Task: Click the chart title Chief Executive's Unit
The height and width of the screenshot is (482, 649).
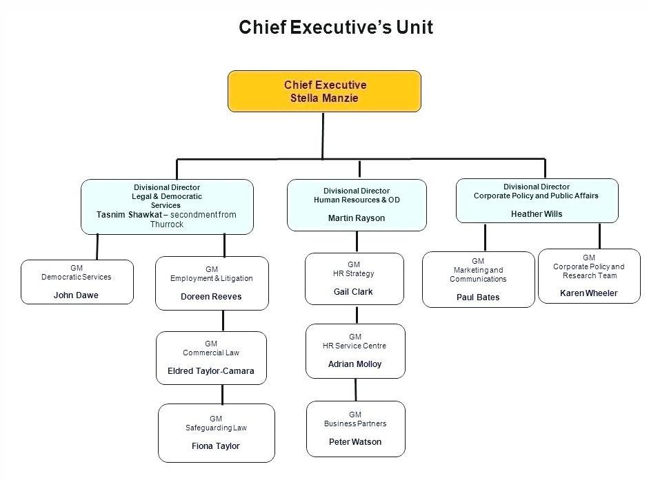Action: (x=336, y=28)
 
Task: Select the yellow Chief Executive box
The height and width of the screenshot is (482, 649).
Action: (x=324, y=92)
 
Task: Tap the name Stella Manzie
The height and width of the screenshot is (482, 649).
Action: (x=324, y=98)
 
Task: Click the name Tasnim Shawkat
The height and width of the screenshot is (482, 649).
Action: (x=129, y=215)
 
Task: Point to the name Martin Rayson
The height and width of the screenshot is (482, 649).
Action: (x=357, y=218)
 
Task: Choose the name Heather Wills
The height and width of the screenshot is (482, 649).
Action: (x=537, y=213)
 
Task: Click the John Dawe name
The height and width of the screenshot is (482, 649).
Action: (x=76, y=295)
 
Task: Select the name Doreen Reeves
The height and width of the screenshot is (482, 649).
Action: (x=211, y=296)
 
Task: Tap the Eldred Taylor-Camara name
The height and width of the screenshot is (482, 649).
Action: (x=210, y=371)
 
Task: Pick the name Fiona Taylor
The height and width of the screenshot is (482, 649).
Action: (x=216, y=446)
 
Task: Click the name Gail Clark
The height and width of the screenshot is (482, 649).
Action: (x=353, y=292)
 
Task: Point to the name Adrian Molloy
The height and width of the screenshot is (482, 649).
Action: (x=355, y=364)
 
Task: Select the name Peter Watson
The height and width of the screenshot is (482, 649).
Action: (x=355, y=442)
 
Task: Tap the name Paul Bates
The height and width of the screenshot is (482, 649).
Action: (x=478, y=297)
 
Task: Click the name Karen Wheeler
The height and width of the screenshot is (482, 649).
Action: (x=588, y=293)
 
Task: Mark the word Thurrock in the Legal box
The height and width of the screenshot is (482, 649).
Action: (x=167, y=224)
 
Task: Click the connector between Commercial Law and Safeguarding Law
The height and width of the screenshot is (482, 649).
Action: (x=223, y=395)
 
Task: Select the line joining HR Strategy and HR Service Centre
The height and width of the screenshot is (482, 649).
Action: (x=357, y=315)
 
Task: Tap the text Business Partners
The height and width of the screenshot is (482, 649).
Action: (x=355, y=423)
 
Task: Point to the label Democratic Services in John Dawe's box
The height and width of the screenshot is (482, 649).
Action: (x=76, y=277)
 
